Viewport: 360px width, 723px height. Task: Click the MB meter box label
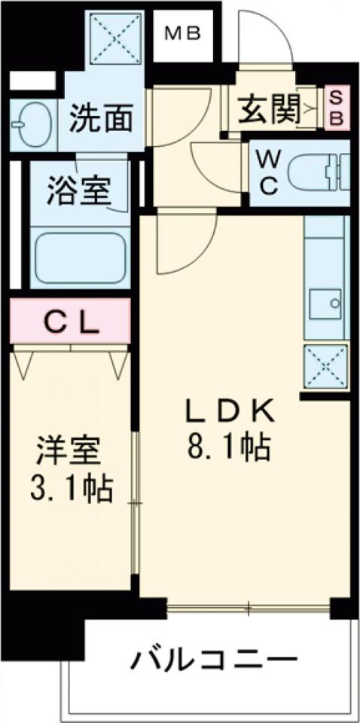coord(182,34)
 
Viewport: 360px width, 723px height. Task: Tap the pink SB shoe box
coord(337,108)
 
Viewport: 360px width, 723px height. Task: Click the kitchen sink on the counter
coord(325,304)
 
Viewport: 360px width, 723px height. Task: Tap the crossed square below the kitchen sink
coord(325,366)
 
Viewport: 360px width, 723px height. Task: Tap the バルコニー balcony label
coord(213,662)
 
